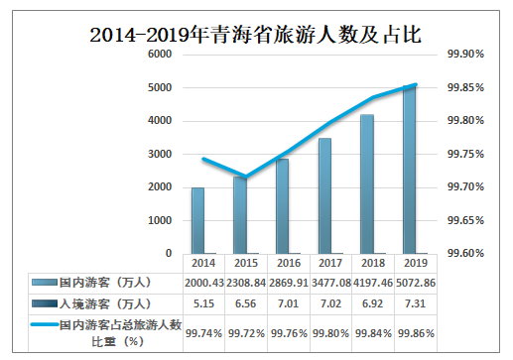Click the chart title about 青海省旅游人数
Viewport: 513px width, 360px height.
point(255,35)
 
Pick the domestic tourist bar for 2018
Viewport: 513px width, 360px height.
point(367,184)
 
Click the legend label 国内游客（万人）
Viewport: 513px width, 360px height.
point(104,284)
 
